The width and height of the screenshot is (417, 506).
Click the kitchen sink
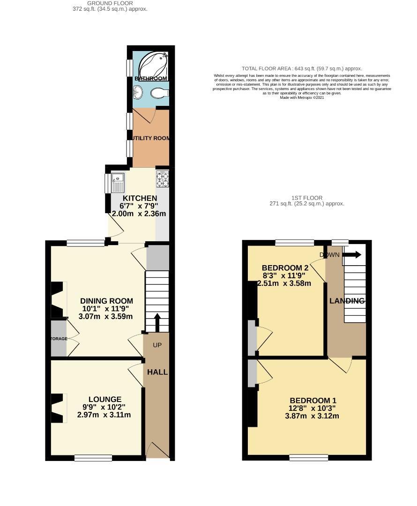[117, 179]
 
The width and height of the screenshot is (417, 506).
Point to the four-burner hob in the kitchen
[162, 179]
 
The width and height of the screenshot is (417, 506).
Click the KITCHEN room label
[139, 199]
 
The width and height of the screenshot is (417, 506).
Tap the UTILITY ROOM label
[151, 139]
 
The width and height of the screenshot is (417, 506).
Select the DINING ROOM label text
[106, 301]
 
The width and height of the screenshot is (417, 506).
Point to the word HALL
[157, 372]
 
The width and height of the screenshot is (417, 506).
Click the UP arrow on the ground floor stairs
[157, 323]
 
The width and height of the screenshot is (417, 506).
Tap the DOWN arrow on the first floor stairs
[352, 255]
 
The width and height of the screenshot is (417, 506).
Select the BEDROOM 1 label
[313, 401]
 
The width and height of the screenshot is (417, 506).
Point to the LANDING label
[347, 301]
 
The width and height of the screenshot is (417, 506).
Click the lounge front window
[93, 458]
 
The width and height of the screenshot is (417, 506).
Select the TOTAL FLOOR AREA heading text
[301, 68]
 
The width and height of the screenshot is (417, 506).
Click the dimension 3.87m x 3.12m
[312, 416]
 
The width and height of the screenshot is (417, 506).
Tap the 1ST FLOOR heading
[306, 198]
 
